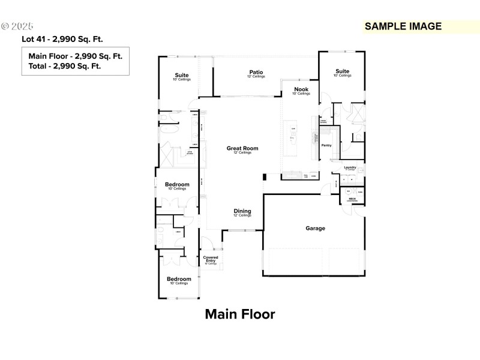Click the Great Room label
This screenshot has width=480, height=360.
click(x=242, y=148)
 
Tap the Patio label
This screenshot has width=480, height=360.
click(x=256, y=73)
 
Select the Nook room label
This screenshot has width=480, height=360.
click(x=301, y=89)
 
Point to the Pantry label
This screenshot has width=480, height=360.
click(x=326, y=145)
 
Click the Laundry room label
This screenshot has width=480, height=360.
click(x=350, y=167)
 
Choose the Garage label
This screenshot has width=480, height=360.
click(x=315, y=228)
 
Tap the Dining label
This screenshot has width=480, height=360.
click(x=242, y=211)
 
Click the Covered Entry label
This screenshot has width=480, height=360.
click(x=211, y=259)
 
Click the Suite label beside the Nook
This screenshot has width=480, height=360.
click(x=342, y=71)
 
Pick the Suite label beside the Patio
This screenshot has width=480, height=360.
click(x=181, y=76)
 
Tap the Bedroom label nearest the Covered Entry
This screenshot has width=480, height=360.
click(x=179, y=279)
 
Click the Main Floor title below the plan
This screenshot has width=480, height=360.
click(x=240, y=314)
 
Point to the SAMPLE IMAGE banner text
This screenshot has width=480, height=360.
click(x=403, y=26)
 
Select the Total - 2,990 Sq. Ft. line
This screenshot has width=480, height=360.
click(x=64, y=66)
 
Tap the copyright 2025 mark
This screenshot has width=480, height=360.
click(x=18, y=26)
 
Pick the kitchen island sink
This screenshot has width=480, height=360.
click(x=293, y=139)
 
